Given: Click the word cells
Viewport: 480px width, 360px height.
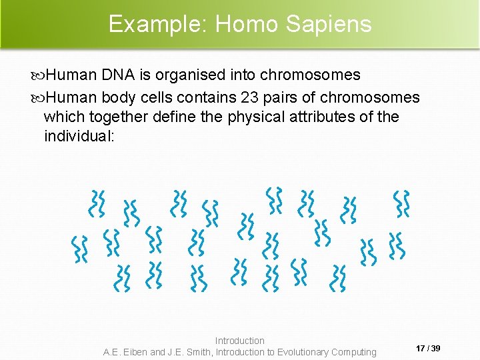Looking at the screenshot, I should (x=158, y=97).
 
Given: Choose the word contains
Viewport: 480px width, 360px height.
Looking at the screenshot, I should (x=208, y=97).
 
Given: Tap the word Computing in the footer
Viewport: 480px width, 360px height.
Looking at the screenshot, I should (x=355, y=352).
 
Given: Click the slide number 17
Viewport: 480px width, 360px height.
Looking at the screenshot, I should (x=421, y=349).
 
